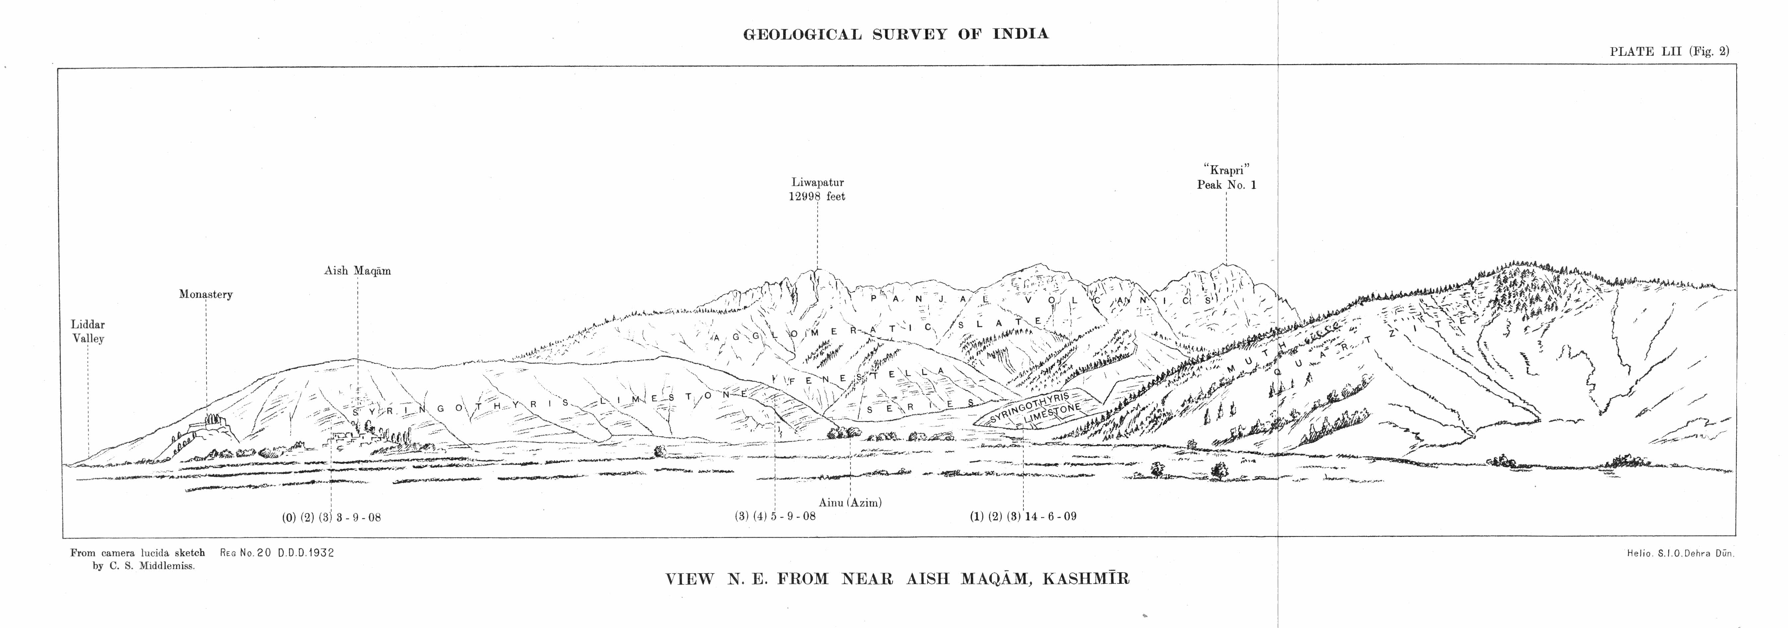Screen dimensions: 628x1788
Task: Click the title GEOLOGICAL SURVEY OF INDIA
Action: (895, 34)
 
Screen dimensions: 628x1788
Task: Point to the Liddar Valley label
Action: (88, 331)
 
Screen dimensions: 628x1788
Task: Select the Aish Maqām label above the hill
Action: (357, 271)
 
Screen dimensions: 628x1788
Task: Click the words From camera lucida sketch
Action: (137, 553)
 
